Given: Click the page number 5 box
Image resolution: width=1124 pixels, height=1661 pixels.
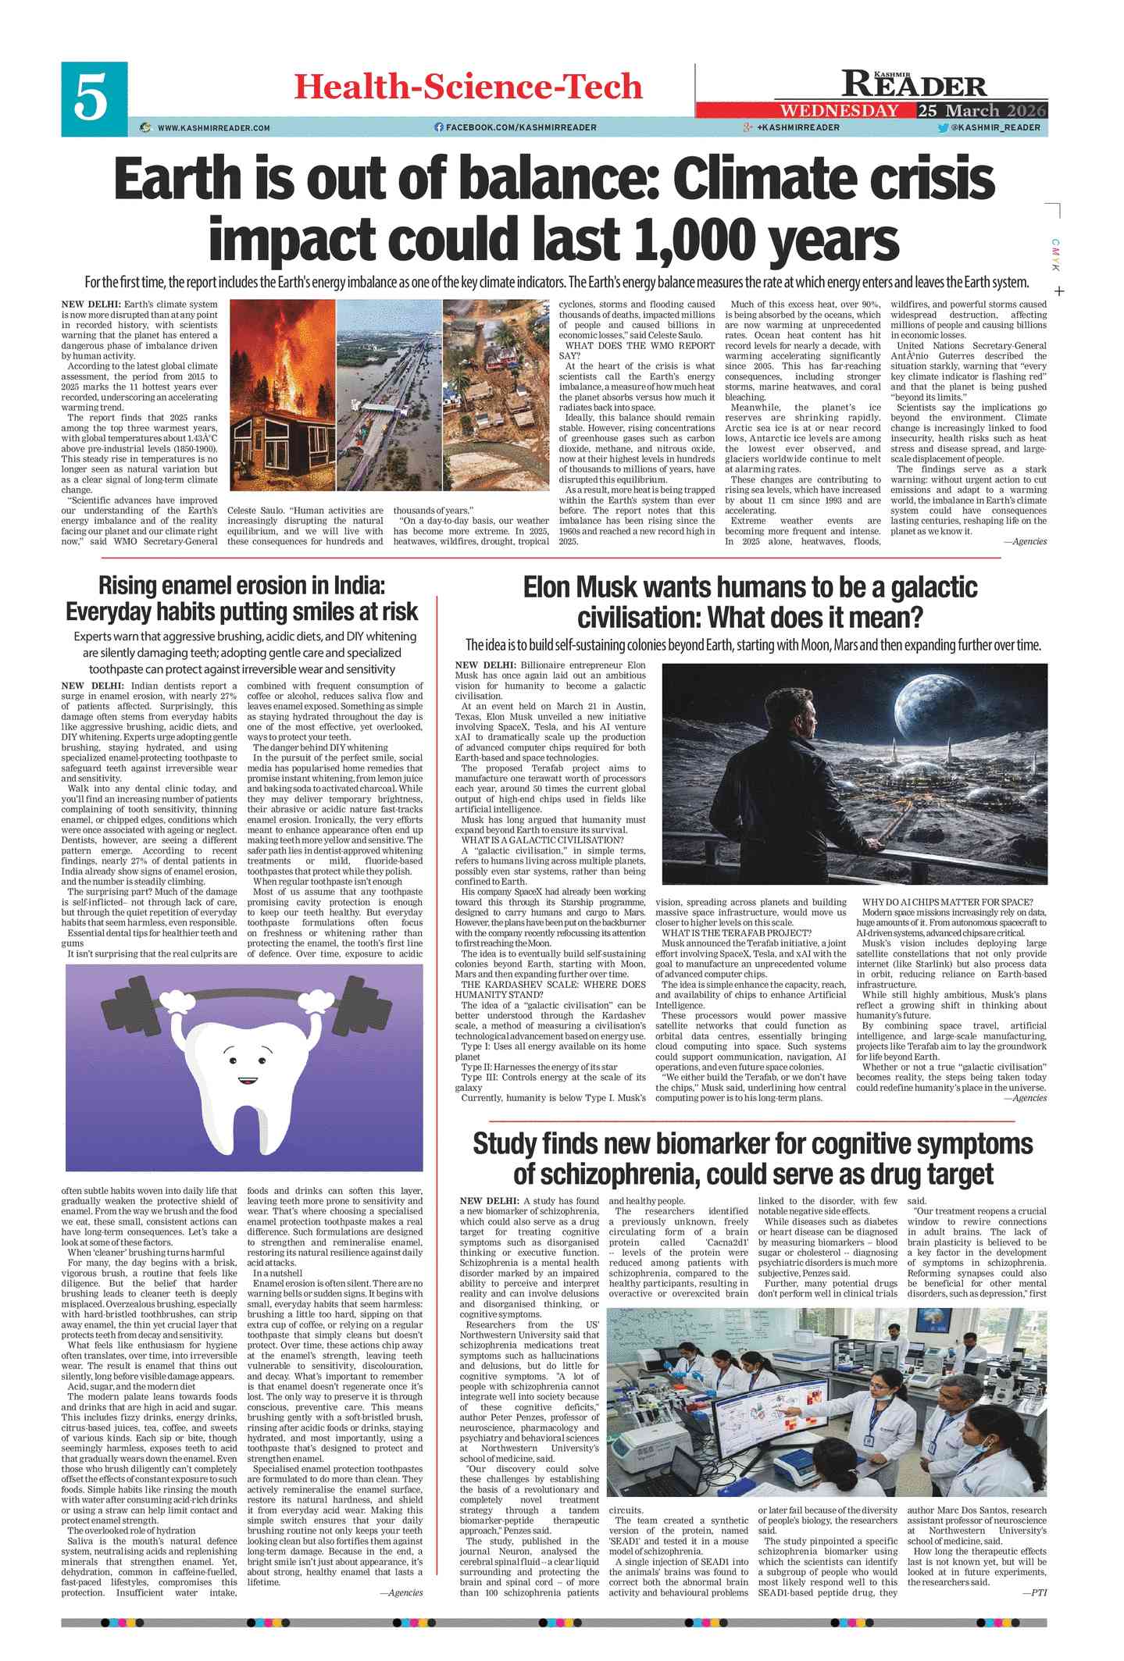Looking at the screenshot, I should coord(94,99).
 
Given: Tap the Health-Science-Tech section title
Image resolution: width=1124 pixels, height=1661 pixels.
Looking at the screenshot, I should coord(468,87).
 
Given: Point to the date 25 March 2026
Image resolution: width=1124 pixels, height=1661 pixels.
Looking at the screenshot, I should coord(982,111).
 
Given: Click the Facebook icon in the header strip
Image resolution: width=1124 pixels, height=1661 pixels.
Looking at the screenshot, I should coord(439,127).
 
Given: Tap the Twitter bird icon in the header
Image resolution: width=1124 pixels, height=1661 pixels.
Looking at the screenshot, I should coord(943,127).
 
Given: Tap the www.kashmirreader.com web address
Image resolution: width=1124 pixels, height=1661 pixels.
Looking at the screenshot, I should coord(213,127).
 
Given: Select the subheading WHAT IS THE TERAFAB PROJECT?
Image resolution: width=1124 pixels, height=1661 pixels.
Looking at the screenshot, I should coord(737,932).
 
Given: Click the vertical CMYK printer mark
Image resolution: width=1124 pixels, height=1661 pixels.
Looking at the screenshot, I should coord(1055,255).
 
